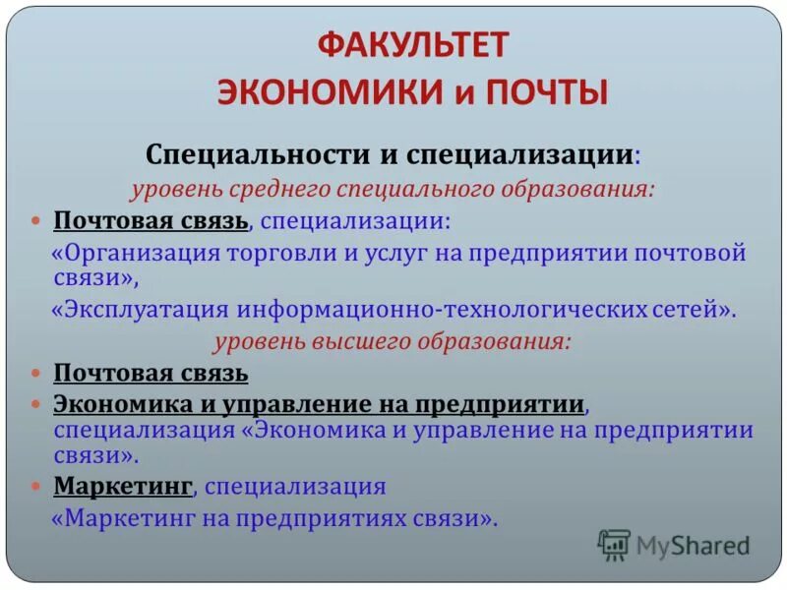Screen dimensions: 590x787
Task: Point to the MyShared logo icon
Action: (x=614, y=545)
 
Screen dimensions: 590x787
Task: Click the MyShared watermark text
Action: (x=693, y=545)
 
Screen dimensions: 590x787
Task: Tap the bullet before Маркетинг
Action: (x=36, y=486)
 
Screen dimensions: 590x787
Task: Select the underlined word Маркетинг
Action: (x=123, y=485)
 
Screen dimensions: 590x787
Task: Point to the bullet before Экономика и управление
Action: (x=36, y=404)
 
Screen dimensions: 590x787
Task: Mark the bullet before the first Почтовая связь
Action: (x=36, y=219)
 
